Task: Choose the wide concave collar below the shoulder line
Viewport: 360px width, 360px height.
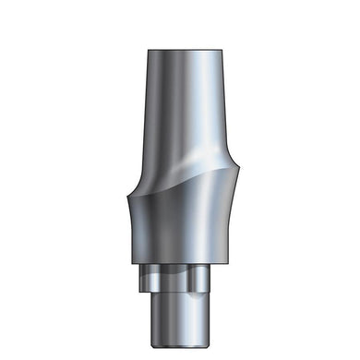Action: point(181,222)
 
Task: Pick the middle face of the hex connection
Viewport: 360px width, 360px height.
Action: point(180,277)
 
